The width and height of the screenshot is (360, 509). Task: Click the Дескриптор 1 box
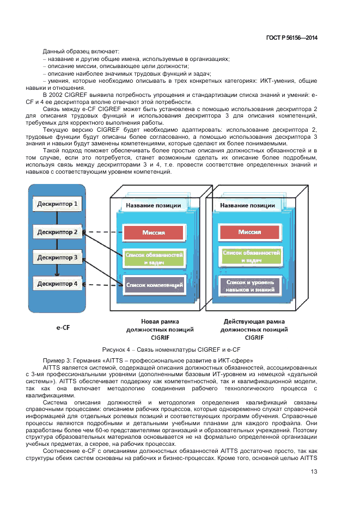58,205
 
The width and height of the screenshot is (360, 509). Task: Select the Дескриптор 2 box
58,231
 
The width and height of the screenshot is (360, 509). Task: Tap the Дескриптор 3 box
58,257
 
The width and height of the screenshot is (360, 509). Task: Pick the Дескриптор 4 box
58,284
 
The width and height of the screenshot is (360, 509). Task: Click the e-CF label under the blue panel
57,329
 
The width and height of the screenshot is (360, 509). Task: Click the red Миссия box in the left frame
154,232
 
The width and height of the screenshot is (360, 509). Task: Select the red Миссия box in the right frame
249,232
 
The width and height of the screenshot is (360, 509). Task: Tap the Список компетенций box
154,285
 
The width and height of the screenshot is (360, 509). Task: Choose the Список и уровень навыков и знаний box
249,286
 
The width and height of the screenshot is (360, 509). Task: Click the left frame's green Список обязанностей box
154,259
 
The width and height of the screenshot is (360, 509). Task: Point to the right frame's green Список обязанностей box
249,256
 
